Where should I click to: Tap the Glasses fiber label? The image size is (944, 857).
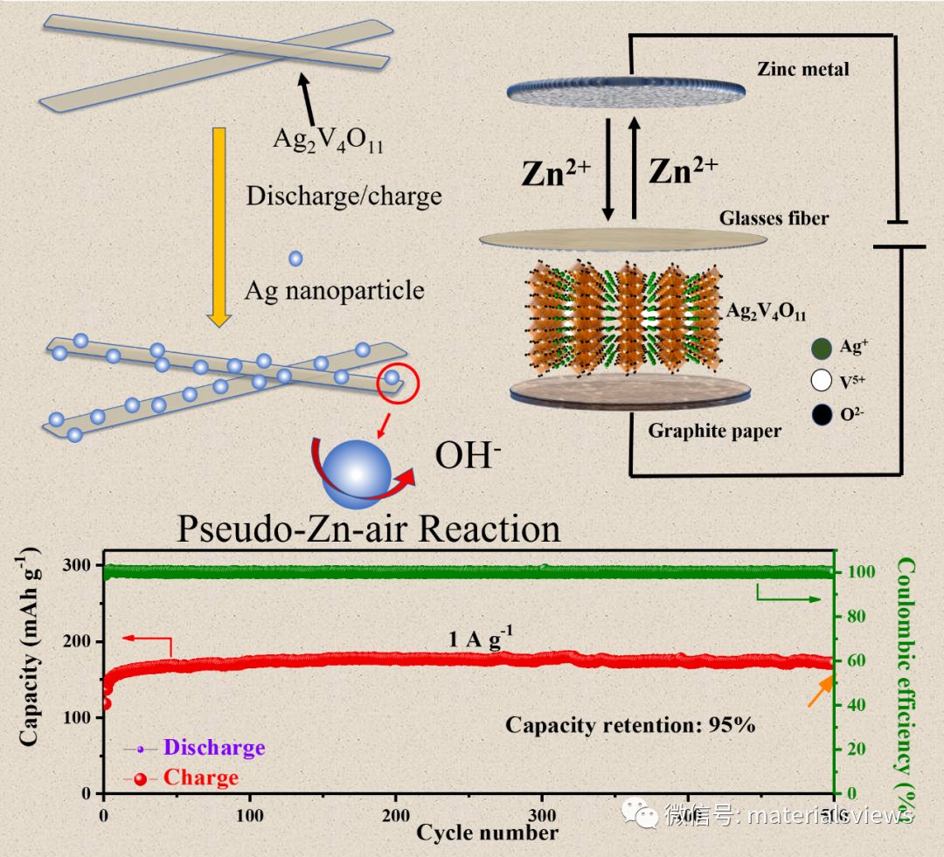pos(774,218)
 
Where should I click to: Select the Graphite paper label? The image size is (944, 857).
pos(715,431)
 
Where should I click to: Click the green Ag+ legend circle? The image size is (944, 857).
pos(821,348)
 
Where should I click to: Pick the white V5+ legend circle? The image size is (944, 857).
pos(821,380)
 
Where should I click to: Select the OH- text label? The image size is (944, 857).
pos(468,454)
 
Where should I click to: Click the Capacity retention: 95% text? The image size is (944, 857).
pos(630,724)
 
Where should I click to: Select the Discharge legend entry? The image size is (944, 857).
pos(213,748)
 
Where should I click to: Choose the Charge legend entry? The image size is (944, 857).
pos(200,778)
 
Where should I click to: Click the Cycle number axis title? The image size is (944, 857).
pos(487,832)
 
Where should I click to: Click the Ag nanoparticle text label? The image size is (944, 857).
pos(335,289)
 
